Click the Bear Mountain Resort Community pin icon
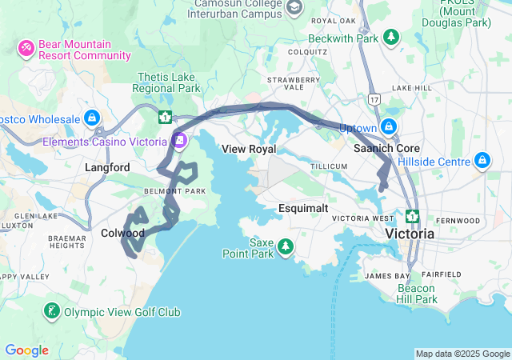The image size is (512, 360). (26, 49)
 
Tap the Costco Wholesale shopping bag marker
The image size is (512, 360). (94, 118)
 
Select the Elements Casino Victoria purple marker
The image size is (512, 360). (180, 141)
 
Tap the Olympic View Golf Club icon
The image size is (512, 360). (52, 311)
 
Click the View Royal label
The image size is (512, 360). (249, 149)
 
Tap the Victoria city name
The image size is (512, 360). (410, 234)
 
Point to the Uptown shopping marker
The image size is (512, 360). (389, 127)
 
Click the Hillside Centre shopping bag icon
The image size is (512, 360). (482, 161)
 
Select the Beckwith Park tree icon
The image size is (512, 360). (390, 37)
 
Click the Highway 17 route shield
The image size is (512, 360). (374, 99)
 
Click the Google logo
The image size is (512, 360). (26, 350)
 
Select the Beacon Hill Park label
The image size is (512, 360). (417, 294)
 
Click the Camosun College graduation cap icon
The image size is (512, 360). (294, 7)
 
